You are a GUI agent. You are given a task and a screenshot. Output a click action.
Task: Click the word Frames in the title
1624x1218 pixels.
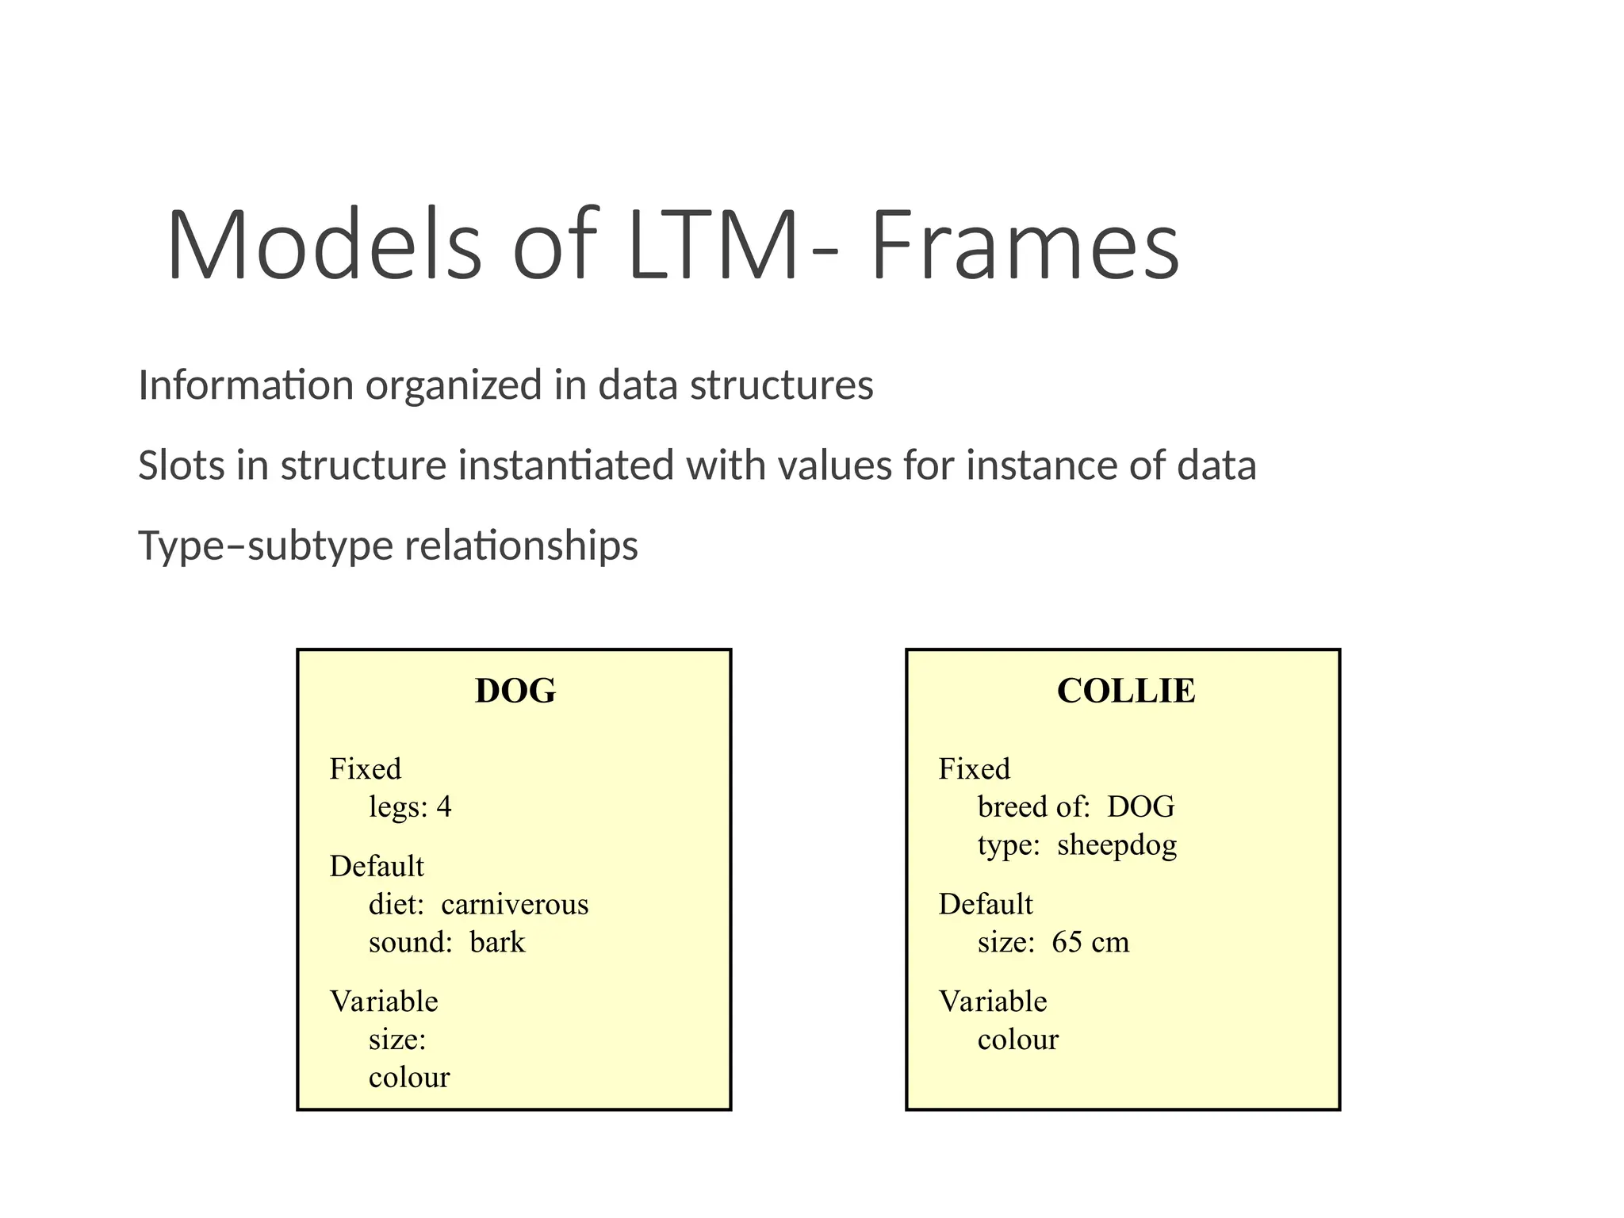(1025, 245)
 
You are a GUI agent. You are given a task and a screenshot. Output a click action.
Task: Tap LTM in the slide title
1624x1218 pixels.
(711, 245)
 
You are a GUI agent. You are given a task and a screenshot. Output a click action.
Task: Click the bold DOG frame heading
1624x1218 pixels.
(515, 691)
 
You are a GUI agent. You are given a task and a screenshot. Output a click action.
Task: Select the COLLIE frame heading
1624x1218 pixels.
(1126, 691)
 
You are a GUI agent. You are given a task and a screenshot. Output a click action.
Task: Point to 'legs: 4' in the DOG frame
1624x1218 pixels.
(410, 807)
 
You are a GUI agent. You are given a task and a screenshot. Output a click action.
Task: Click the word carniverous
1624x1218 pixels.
(515, 905)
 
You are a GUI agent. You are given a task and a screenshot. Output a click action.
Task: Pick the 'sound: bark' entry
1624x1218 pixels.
(446, 943)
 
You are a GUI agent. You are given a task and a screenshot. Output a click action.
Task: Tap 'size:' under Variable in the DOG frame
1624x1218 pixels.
(397, 1040)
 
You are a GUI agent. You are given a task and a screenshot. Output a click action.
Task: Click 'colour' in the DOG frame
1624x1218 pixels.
(409, 1078)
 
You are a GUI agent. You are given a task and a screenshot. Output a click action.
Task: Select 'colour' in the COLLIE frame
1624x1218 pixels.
(1018, 1040)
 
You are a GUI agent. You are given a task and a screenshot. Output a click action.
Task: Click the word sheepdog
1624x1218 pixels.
(1116, 845)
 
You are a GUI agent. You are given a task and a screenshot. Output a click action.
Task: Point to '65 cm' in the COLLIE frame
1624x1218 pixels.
(1090, 943)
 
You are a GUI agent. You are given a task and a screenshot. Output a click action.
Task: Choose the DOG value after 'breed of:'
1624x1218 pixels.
(1140, 807)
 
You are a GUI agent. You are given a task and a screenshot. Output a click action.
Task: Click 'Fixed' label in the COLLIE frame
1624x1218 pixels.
(975, 769)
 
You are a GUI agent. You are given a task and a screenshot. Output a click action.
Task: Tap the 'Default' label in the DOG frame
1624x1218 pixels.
(377, 867)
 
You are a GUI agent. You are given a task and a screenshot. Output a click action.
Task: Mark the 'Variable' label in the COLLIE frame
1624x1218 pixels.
(993, 1002)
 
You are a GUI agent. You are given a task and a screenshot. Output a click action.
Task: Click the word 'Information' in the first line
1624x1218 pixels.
(246, 385)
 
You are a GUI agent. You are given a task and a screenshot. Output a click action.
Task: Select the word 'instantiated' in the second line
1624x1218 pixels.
(565, 465)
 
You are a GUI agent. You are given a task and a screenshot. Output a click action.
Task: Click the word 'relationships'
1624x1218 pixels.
(521, 546)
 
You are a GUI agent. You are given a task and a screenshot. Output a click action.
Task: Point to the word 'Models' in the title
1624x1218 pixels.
(324, 245)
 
